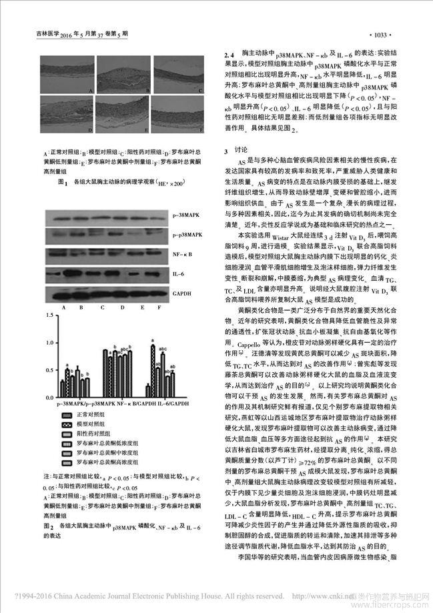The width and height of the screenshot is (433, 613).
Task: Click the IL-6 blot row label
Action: point(179,273)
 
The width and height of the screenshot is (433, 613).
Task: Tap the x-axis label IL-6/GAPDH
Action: point(161,404)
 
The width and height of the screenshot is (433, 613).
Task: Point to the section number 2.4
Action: point(229,52)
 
